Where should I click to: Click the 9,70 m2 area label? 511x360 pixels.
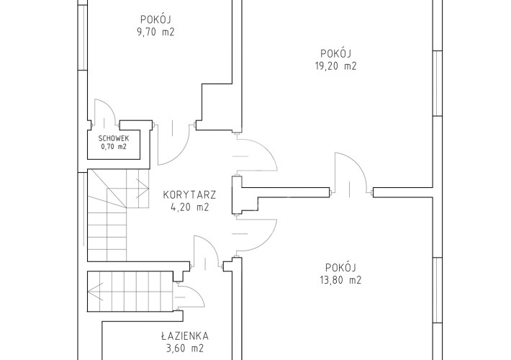tap(155, 32)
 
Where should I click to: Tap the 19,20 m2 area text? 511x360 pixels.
tap(335, 66)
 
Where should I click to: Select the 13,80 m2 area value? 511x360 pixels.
tap(340, 280)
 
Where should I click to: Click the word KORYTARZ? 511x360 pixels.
tap(189, 195)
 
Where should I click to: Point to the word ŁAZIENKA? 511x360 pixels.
tap(185, 336)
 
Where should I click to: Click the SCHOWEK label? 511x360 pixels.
tap(114, 138)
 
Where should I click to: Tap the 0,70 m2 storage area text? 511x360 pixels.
tap(114, 147)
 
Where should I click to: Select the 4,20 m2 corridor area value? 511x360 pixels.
tap(189, 207)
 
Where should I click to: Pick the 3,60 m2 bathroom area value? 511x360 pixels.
tap(185, 348)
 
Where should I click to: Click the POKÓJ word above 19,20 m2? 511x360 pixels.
tap(335, 53)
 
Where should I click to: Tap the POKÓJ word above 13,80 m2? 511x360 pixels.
tap(340, 267)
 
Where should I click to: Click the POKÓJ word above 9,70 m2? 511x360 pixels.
tap(155, 19)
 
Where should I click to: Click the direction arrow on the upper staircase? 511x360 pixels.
tap(143, 189)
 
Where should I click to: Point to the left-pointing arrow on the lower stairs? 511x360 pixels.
tap(96, 292)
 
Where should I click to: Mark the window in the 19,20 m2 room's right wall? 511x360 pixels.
tap(438, 83)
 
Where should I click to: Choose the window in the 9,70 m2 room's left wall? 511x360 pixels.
tap(83, 37)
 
